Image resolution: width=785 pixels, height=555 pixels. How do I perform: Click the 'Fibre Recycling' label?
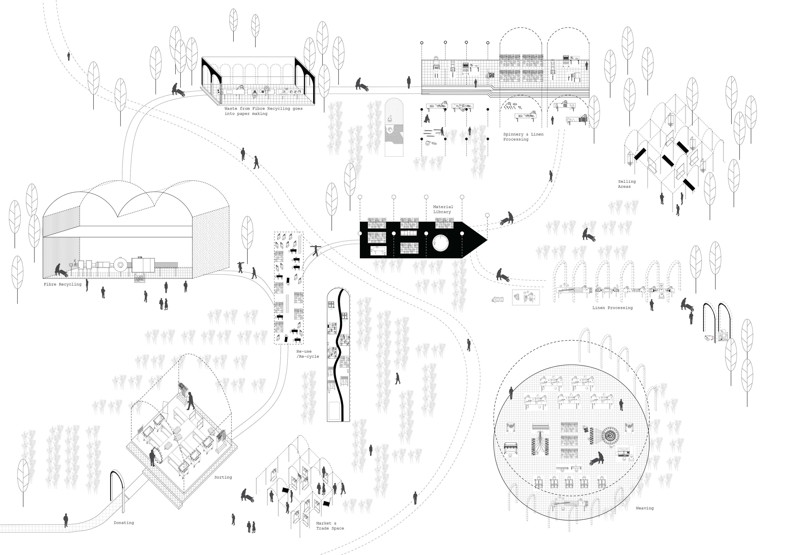[63, 284]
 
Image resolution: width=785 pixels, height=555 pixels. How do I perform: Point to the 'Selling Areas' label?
[627, 184]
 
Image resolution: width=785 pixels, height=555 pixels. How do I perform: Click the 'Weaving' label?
[645, 518]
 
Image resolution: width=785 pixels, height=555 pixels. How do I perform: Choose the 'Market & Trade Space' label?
[330, 526]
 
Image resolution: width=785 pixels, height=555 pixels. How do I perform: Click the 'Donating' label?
[124, 522]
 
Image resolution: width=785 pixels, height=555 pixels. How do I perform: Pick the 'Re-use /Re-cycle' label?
[307, 354]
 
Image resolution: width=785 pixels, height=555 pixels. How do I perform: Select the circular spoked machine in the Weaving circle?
[610, 436]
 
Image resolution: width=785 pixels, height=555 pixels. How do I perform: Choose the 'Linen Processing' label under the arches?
[612, 308]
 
